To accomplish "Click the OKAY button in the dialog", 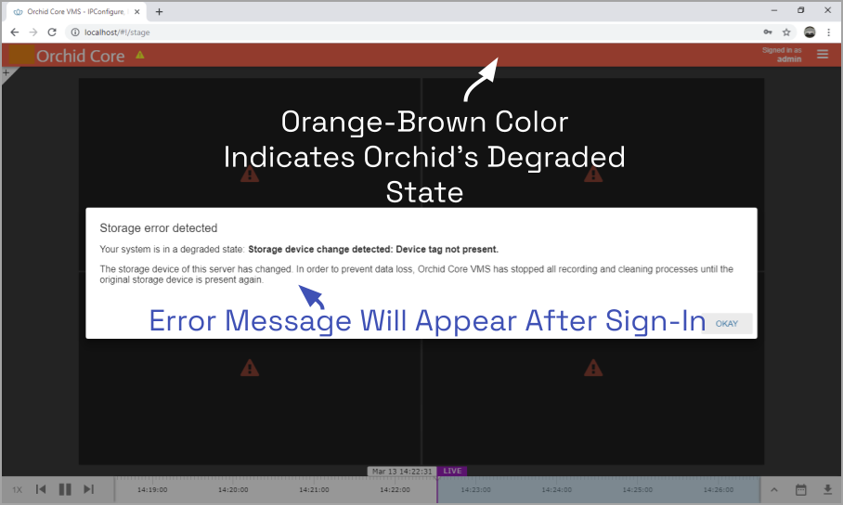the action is pos(727,324).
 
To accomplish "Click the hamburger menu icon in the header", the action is pos(822,55).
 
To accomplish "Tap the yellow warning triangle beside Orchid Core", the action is pos(140,55).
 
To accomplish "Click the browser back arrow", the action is pos(15,32).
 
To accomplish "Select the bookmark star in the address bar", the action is pos(786,32).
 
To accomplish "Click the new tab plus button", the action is pos(159,11).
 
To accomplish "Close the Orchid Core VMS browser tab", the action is pos(137,11).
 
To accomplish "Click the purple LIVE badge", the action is pos(452,471).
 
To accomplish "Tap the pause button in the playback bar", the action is pos(65,489).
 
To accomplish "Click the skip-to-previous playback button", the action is pos(41,489).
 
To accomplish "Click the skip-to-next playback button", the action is pos(89,489).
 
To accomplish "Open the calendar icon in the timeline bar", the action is pos(800,489).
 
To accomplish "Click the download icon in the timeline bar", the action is pos(827,489).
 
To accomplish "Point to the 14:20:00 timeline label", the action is pos(233,489).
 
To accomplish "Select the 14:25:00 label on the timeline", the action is pos(638,489).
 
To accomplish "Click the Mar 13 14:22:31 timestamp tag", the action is pos(402,472).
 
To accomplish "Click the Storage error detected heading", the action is pos(159,228).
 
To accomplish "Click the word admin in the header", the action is pos(789,59).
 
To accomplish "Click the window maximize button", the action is pos(800,10).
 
